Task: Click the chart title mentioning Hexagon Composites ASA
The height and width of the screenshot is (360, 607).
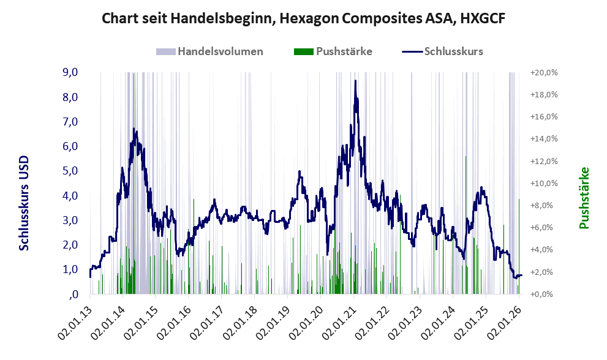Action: point(303,18)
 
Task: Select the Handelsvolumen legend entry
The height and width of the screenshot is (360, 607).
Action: point(219,51)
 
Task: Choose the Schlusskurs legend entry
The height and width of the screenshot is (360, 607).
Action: point(453,51)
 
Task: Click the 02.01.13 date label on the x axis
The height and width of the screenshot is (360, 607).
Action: point(75,321)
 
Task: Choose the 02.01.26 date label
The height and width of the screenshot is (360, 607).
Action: point(504,321)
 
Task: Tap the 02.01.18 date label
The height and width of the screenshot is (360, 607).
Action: point(240,321)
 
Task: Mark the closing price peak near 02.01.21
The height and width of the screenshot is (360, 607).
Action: point(355,81)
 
